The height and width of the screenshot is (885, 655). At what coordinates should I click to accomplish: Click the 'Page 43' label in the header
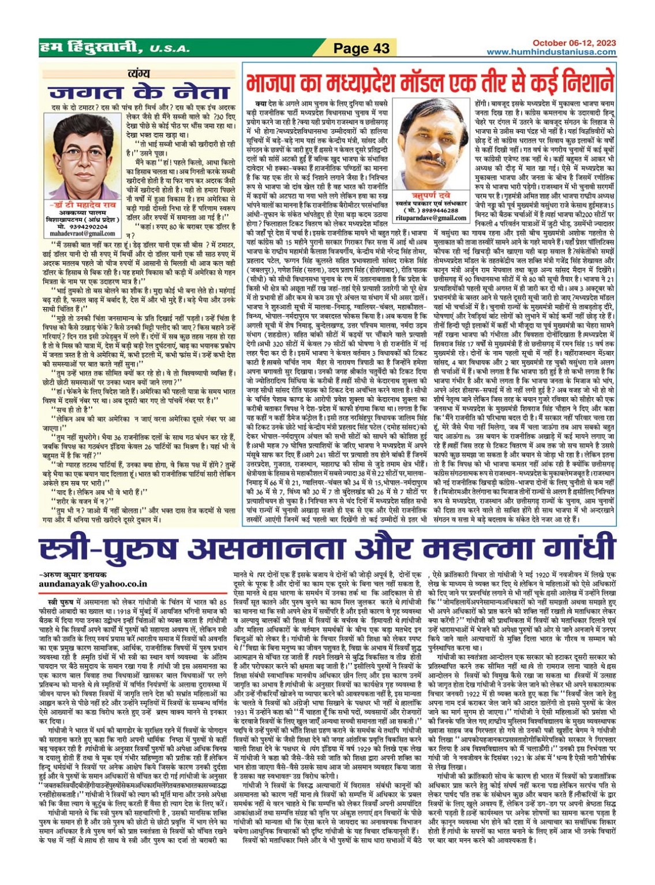point(361,48)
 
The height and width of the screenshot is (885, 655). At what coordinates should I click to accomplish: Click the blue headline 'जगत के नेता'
point(139,92)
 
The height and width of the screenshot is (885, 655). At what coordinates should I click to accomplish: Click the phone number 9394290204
point(88,226)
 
